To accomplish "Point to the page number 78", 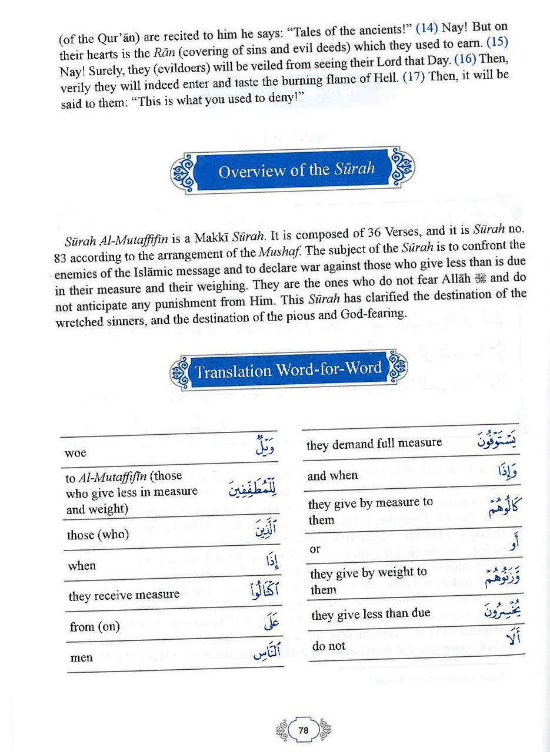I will [x=304, y=730].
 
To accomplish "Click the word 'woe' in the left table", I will [x=76, y=453].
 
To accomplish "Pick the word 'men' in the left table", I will [x=81, y=657].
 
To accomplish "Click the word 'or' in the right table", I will [x=315, y=549].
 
